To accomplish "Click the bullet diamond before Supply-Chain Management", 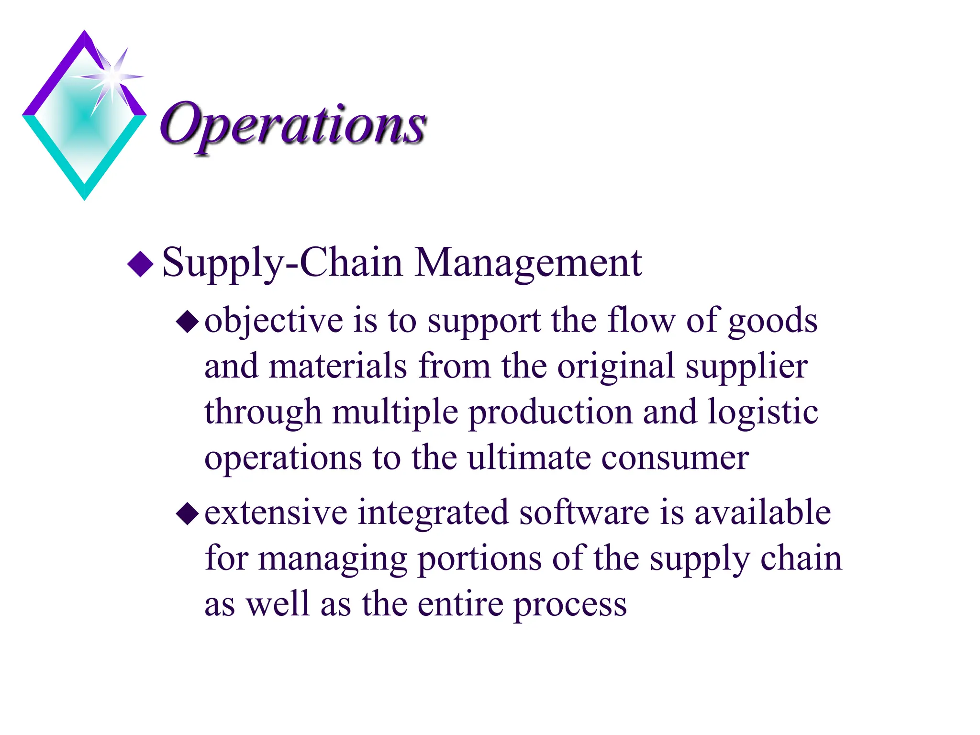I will (x=141, y=264).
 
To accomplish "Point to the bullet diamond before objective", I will (x=188, y=322).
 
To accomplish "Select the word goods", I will (x=772, y=322).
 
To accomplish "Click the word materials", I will (x=338, y=366).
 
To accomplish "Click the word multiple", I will (x=395, y=412).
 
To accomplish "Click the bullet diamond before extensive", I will (x=188, y=514).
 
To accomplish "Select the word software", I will (x=584, y=512).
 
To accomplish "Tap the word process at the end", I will (x=570, y=605).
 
